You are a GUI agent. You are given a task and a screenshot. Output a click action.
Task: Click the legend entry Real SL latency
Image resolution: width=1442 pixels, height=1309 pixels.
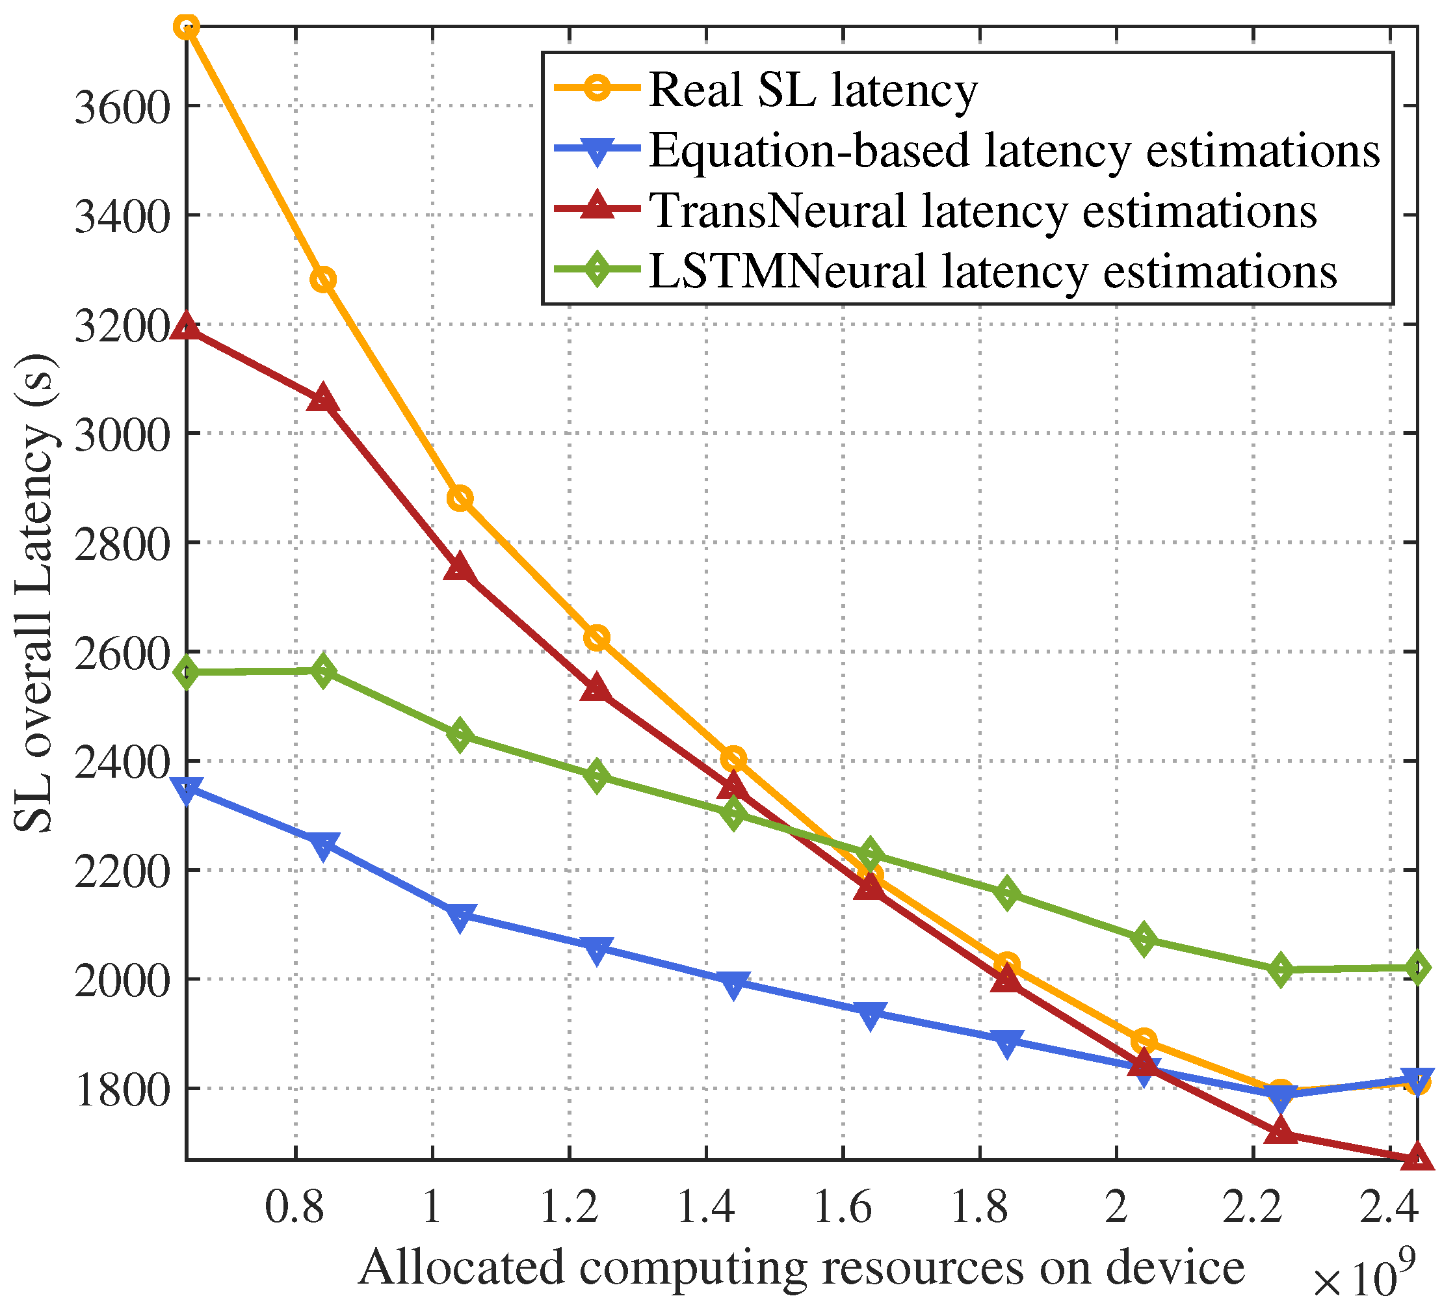point(813,91)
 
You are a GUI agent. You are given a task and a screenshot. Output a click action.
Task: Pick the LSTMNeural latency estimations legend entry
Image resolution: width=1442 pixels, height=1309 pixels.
point(992,272)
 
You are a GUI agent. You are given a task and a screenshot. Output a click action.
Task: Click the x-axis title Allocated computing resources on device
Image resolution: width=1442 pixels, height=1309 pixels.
point(801,1267)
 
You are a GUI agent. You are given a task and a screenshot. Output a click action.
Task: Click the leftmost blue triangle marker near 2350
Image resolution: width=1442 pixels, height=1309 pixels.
point(187,791)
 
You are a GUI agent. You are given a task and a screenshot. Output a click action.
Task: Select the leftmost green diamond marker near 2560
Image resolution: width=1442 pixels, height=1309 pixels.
point(187,672)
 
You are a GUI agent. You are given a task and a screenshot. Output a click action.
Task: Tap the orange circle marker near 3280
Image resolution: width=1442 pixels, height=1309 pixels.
point(323,280)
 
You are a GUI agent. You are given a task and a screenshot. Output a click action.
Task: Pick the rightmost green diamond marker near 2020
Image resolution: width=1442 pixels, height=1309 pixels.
point(1417,968)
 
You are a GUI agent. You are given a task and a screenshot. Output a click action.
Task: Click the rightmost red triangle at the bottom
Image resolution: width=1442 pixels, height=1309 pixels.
point(1417,1158)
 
